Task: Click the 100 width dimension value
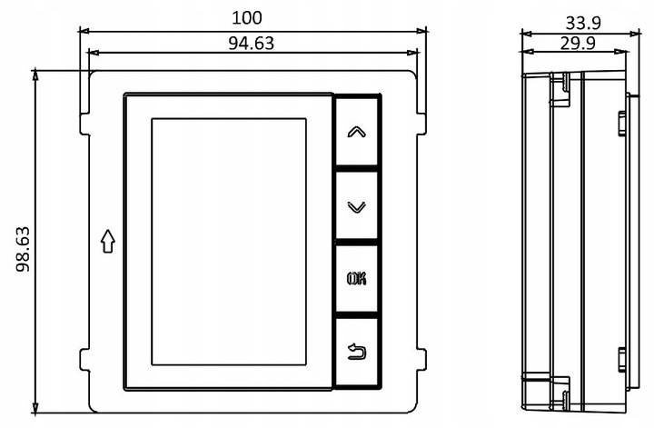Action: pyautogui.click(x=247, y=18)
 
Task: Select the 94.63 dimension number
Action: pyautogui.click(x=251, y=44)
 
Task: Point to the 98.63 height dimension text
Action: pyautogui.click(x=24, y=250)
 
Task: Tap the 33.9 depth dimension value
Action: pyautogui.click(x=583, y=23)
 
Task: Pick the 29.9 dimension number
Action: pyautogui.click(x=578, y=43)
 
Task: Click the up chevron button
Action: pyautogui.click(x=357, y=131)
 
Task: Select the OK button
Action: pyautogui.click(x=357, y=279)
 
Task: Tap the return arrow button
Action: pyautogui.click(x=357, y=352)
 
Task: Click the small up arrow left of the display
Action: pyautogui.click(x=108, y=241)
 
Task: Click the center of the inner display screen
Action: pyautogui.click(x=229, y=242)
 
